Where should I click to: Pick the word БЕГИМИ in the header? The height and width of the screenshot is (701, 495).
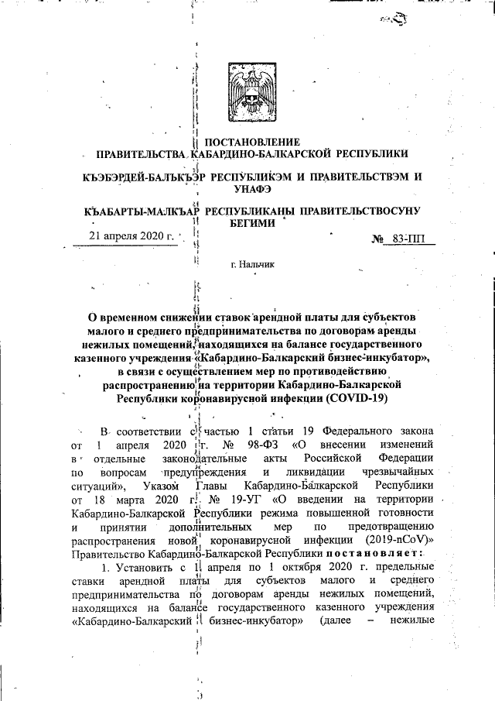coord(247,223)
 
